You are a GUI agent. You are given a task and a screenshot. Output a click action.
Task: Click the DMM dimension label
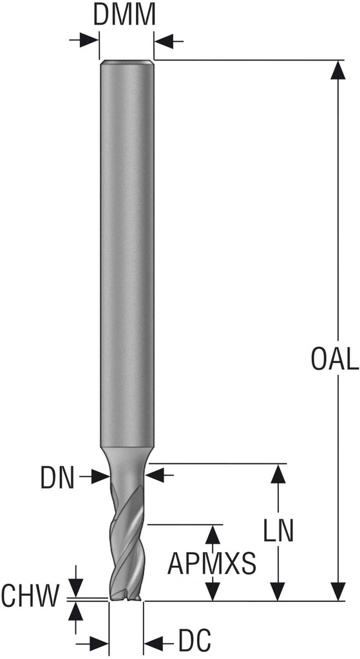[x=124, y=15]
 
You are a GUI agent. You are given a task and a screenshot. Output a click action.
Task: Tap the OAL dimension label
[x=335, y=359]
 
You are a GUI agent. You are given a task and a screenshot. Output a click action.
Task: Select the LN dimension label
[x=278, y=531]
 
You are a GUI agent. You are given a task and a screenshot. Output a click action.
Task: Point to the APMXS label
[x=211, y=564]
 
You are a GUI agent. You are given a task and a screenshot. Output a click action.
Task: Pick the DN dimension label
[x=57, y=478]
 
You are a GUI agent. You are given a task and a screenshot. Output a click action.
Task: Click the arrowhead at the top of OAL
[x=338, y=70]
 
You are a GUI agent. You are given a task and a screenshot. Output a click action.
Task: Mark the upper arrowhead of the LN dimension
[x=278, y=473]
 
